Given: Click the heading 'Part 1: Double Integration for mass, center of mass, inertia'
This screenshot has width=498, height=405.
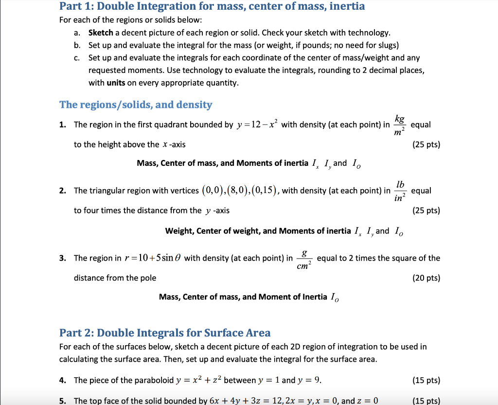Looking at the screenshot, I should click(x=212, y=7).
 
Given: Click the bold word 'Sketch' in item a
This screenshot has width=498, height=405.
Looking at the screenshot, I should click(x=101, y=33).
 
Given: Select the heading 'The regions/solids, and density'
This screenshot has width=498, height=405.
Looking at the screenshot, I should click(x=136, y=105).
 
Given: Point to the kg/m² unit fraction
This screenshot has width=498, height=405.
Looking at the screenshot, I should click(x=399, y=125).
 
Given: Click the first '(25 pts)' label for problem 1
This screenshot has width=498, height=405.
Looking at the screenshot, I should click(x=426, y=144).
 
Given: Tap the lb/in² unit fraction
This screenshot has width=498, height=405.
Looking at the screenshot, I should click(x=400, y=191).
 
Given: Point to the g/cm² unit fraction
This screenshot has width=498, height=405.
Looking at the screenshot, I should click(x=304, y=258).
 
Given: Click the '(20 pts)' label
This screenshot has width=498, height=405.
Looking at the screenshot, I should click(x=426, y=278).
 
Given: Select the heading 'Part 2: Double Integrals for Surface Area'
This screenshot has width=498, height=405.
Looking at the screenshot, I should click(x=165, y=333).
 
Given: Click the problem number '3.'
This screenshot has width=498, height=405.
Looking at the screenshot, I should click(x=63, y=258).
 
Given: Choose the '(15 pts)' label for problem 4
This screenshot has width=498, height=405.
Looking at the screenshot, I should click(x=426, y=380).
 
